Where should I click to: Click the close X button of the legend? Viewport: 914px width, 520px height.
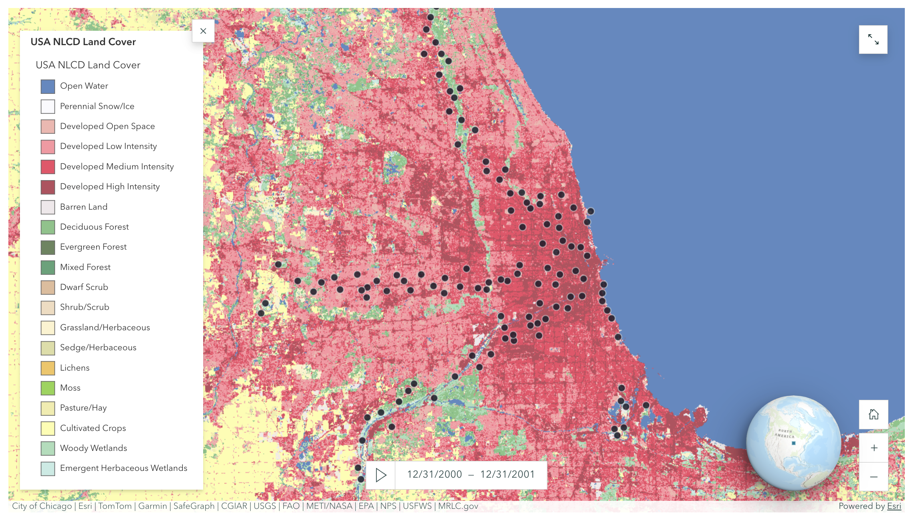tap(203, 31)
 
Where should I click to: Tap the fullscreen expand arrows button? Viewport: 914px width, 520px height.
tap(873, 40)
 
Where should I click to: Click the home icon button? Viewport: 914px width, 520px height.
tap(874, 415)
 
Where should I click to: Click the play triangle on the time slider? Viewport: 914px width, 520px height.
tap(381, 475)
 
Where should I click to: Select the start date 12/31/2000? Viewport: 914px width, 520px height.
tap(434, 474)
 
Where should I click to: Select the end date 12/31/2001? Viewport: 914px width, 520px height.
tap(507, 474)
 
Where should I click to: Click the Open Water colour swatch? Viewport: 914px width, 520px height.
tap(48, 86)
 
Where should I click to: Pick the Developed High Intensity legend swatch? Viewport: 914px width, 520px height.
tap(48, 187)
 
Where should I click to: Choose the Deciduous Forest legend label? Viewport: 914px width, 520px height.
tap(94, 227)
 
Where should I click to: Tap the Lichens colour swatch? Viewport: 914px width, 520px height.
tap(48, 368)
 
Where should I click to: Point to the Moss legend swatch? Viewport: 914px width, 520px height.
tap(48, 388)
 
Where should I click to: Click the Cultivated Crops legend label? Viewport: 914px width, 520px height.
tap(93, 428)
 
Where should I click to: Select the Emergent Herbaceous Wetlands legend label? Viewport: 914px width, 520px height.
tap(123, 468)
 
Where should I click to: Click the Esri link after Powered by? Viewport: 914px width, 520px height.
tap(894, 506)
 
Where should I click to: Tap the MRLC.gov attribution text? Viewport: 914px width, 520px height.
tap(458, 506)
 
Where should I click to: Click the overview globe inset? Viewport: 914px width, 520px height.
tap(793, 443)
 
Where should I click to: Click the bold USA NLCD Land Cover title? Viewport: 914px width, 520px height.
tap(83, 42)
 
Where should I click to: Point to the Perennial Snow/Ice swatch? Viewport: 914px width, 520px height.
tap(48, 107)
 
